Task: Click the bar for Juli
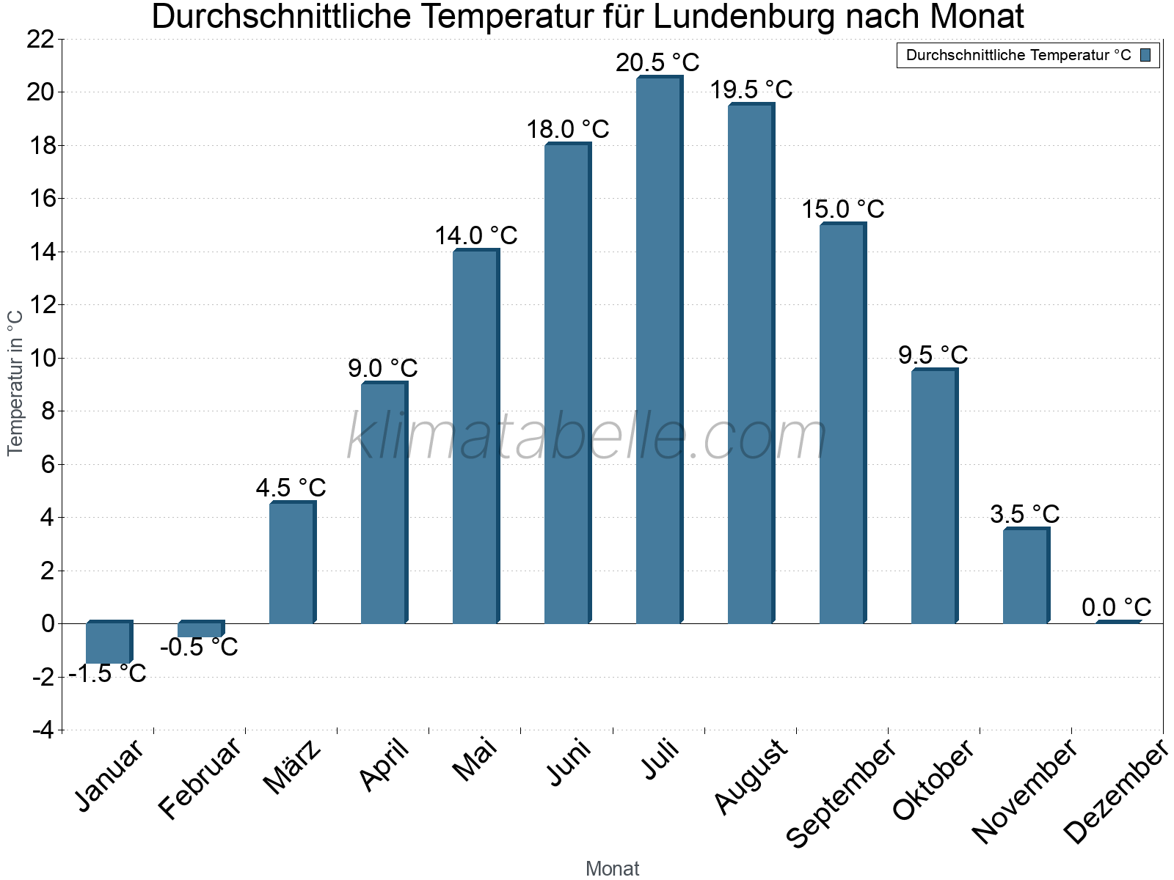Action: [658, 351]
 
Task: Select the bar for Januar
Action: [108, 643]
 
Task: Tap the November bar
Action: [1025, 576]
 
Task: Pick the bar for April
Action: [383, 503]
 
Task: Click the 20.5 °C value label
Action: [657, 63]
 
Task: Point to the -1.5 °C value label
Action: [108, 673]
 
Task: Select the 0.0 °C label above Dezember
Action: [1116, 607]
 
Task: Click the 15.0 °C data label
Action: [842, 210]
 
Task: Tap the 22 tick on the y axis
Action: [40, 40]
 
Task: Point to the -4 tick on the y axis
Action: [43, 730]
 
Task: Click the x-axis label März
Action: [293, 767]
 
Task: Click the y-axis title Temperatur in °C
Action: [15, 383]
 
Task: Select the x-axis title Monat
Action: [612, 869]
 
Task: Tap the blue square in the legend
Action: [1145, 56]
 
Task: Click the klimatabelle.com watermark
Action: [587, 437]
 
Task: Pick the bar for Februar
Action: [200, 630]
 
